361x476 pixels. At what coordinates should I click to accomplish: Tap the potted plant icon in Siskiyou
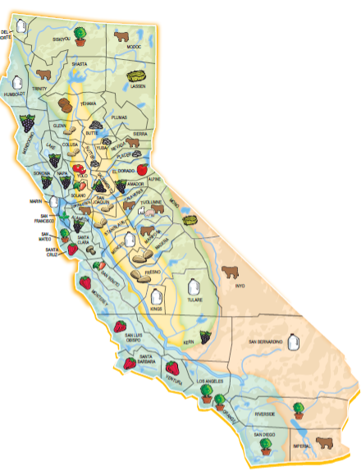(x=80, y=34)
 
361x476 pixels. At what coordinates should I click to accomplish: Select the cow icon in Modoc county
(x=122, y=37)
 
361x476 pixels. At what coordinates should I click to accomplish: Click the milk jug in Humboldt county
(x=18, y=83)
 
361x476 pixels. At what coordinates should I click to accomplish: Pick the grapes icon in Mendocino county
(x=27, y=124)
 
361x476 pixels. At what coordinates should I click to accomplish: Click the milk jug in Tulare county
(x=193, y=287)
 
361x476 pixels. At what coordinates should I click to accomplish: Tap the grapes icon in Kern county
(x=204, y=336)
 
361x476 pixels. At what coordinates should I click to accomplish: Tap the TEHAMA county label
(x=88, y=103)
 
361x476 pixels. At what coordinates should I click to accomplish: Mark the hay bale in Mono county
(x=190, y=220)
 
